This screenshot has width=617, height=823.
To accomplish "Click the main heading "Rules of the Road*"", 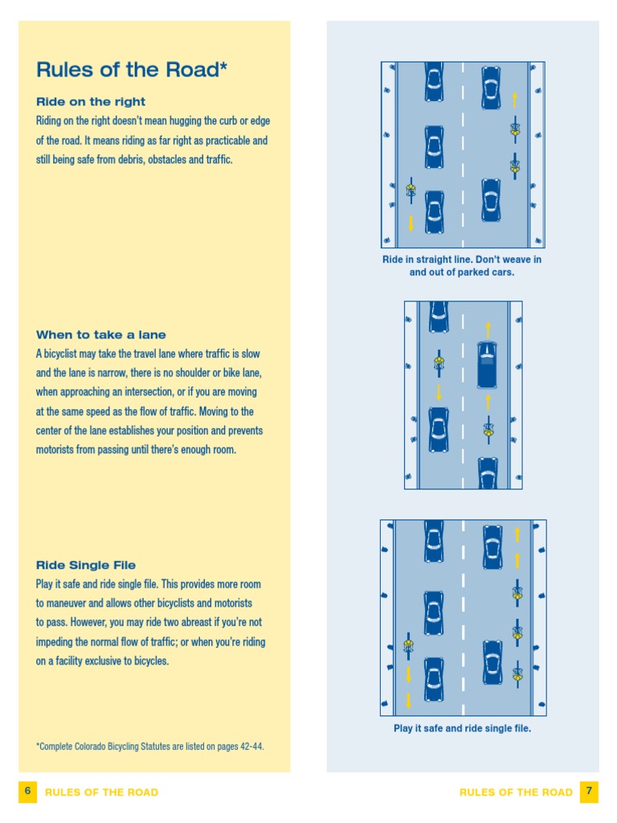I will point(132,70).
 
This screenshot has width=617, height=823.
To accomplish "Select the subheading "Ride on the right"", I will point(91,102).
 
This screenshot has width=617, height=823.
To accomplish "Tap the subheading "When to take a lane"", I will point(101,335).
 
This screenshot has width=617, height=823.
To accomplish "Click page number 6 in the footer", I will point(27,792).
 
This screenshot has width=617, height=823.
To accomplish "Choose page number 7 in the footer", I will point(589,792).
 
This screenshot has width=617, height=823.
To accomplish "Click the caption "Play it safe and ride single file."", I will point(462,729).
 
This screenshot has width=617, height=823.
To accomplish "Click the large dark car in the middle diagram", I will point(487,365).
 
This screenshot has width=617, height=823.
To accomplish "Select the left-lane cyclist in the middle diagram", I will point(439,363).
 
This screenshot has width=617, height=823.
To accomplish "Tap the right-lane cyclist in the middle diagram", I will point(488,430).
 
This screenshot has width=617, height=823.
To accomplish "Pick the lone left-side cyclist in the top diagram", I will point(411,190).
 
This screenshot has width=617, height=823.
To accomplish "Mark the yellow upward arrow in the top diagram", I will point(514,100).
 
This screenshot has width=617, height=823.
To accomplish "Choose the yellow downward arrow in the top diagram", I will point(411,223).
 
